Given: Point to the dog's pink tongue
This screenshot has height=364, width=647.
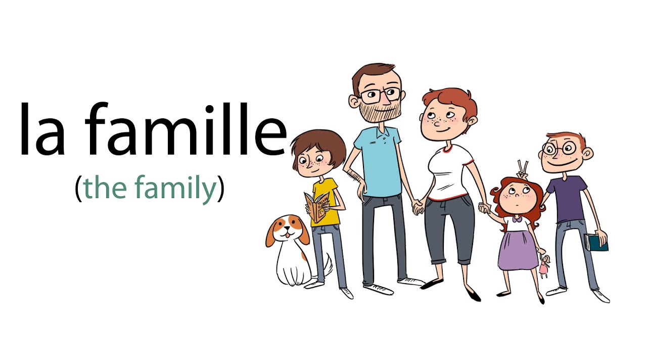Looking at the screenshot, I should (x=287, y=235).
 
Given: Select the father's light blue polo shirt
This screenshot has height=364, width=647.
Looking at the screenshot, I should (x=378, y=162).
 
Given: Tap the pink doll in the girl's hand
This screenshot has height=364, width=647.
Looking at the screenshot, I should (x=544, y=266).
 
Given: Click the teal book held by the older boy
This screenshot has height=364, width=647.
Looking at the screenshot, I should (x=596, y=242).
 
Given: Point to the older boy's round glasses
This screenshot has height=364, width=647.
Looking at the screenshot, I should (x=559, y=149).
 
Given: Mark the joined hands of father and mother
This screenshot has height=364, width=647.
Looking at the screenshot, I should (x=418, y=207).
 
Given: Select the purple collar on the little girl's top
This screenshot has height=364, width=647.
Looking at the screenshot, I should (x=516, y=219).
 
